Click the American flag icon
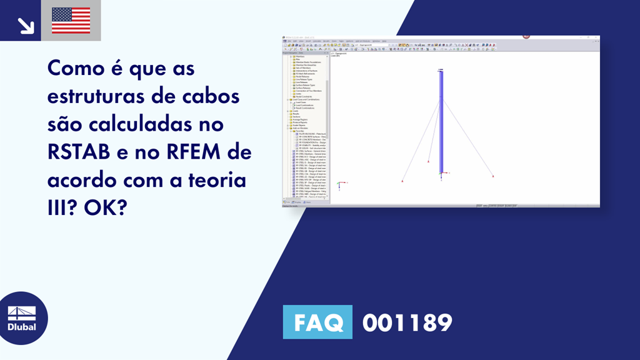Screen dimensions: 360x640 [x=71, y=21]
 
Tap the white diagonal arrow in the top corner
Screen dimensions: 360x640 [x=26, y=25]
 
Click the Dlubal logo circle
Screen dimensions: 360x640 [x=22, y=318]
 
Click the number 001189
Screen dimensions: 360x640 [x=407, y=322]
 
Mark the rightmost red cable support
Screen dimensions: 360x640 [x=493, y=177]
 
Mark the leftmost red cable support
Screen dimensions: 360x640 [x=402, y=181]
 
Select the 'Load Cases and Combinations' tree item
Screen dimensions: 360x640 [x=305, y=99]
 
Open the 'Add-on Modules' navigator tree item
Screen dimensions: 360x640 [x=299, y=128]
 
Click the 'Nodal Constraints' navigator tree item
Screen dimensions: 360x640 [x=304, y=96]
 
